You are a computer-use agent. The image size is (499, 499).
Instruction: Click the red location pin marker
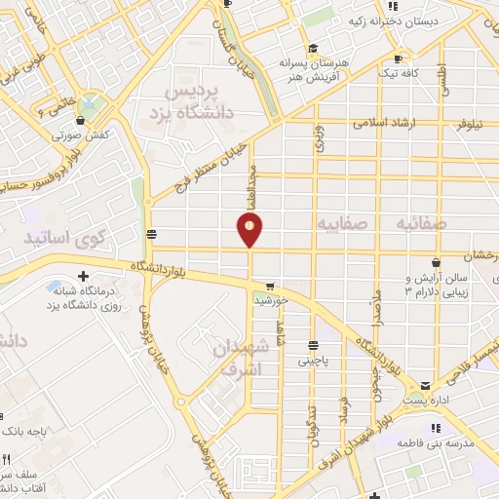tap(250, 229)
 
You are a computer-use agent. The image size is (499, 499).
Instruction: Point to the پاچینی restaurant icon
tap(313, 344)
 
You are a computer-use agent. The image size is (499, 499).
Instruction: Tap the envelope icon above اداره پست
tap(411, 383)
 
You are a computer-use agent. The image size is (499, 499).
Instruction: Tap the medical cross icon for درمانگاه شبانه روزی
tap(84, 278)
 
